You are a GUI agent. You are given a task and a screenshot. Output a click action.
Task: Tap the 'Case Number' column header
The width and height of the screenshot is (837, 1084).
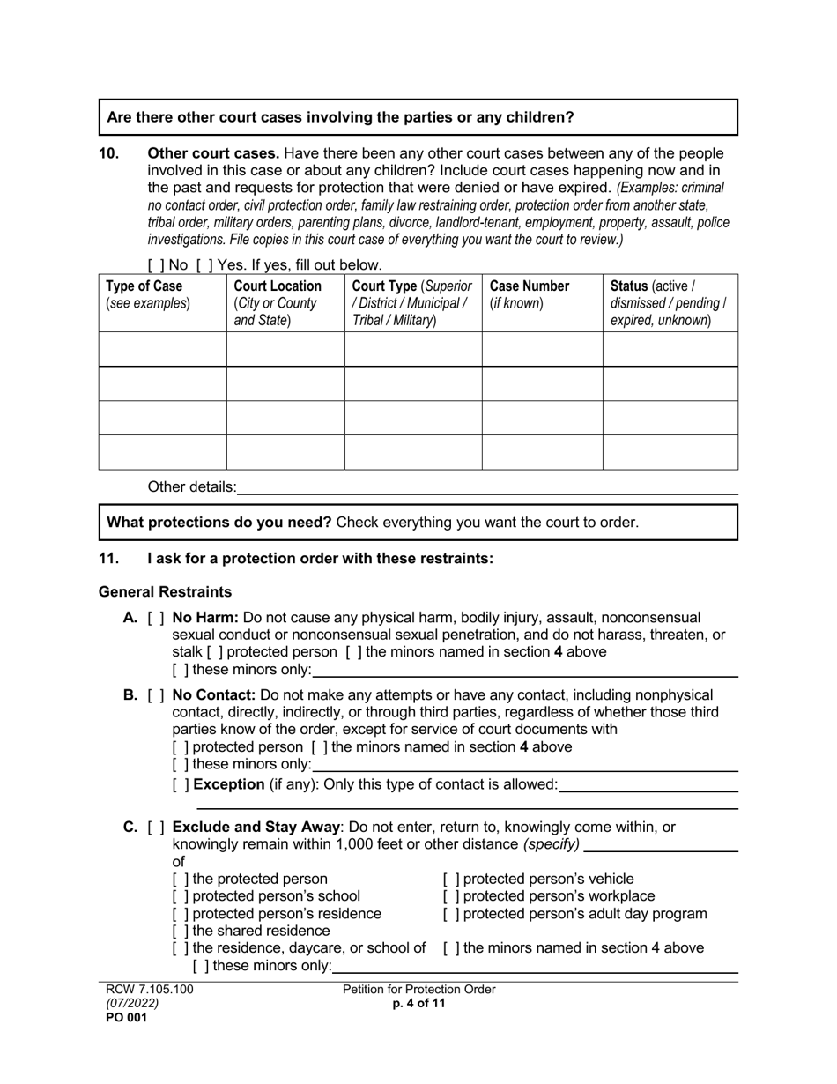[530, 294]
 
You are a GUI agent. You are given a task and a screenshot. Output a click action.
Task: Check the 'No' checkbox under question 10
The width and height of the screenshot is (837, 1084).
[156, 264]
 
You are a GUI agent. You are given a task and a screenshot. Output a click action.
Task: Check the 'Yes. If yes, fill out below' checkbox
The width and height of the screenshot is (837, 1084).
[204, 264]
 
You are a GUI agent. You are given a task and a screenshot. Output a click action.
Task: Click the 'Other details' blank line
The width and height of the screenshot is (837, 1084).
[487, 487]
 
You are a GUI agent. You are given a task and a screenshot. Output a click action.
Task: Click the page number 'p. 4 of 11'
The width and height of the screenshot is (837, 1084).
[418, 1004]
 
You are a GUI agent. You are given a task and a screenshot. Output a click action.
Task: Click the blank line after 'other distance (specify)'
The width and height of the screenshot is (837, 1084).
[661, 844]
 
